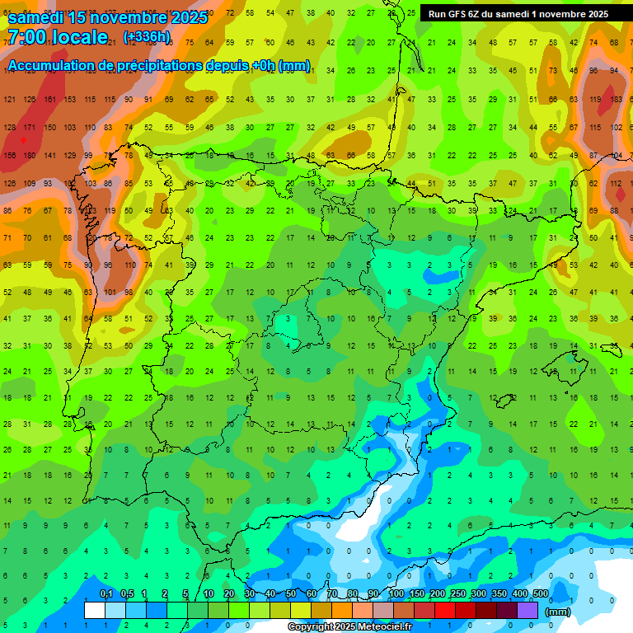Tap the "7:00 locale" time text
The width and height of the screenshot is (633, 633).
coord(58,37)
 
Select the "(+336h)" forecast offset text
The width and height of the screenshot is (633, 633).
coord(147,37)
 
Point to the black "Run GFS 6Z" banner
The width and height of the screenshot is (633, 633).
coord(518,13)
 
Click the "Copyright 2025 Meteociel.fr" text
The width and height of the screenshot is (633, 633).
coord(349,626)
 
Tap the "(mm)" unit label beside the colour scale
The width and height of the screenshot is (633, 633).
coord(558,612)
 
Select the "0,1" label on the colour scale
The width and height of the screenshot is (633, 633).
coord(105,594)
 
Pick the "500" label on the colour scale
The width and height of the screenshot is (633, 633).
coord(540,594)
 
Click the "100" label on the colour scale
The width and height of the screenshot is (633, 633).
coord(396,594)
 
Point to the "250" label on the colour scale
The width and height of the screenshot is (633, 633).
coord(457,594)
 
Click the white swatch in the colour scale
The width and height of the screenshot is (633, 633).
coord(95,611)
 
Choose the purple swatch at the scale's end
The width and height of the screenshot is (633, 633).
coord(527,611)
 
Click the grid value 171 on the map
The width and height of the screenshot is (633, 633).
coord(29,127)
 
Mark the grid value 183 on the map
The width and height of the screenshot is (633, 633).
coord(616,99)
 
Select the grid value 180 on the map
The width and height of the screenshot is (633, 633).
coord(29,155)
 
